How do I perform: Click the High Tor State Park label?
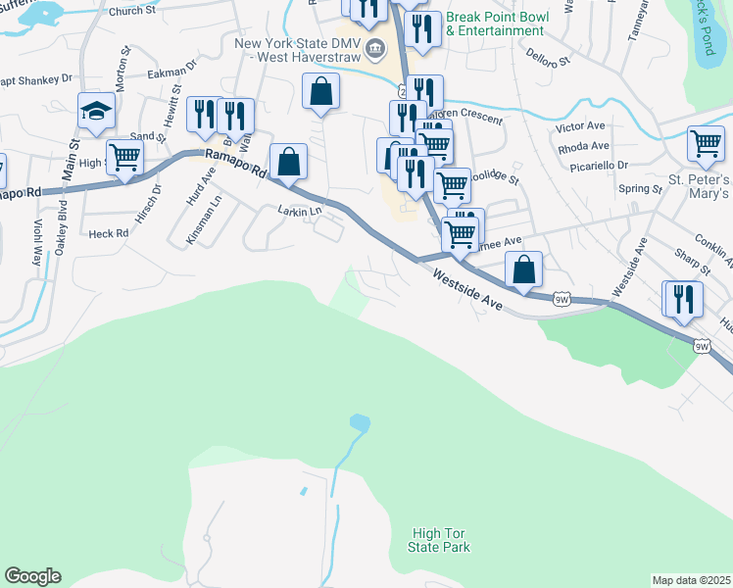pyautogui.click(x=440, y=539)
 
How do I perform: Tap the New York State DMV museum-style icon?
pyautogui.click(x=374, y=48)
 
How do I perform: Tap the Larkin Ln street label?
pyautogui.click(x=299, y=211)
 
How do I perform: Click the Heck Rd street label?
pyautogui.click(x=108, y=234)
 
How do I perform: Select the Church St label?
pyautogui.click(x=154, y=12)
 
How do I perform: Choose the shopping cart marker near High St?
pyautogui.click(x=124, y=157)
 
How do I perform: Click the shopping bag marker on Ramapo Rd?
pyautogui.click(x=289, y=162)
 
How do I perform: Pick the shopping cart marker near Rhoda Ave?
pyautogui.click(x=706, y=143)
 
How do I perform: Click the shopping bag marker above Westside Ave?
pyautogui.click(x=524, y=269)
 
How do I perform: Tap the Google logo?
pyautogui.click(x=32, y=576)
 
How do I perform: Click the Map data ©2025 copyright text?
pyautogui.click(x=692, y=580)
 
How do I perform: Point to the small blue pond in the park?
pyautogui.click(x=360, y=423)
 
